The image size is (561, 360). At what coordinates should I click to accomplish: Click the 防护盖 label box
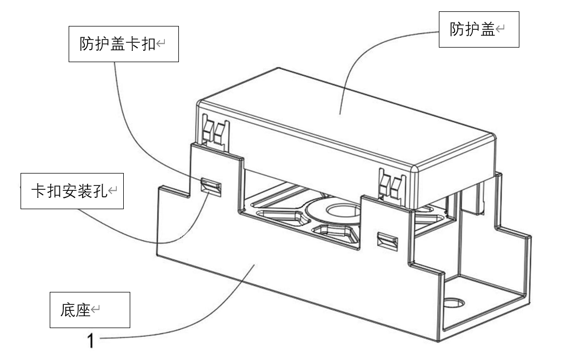478,29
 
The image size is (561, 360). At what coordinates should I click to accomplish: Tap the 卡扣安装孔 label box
72,191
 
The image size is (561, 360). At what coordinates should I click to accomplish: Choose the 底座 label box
90,310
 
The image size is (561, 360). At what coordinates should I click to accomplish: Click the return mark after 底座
96,310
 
